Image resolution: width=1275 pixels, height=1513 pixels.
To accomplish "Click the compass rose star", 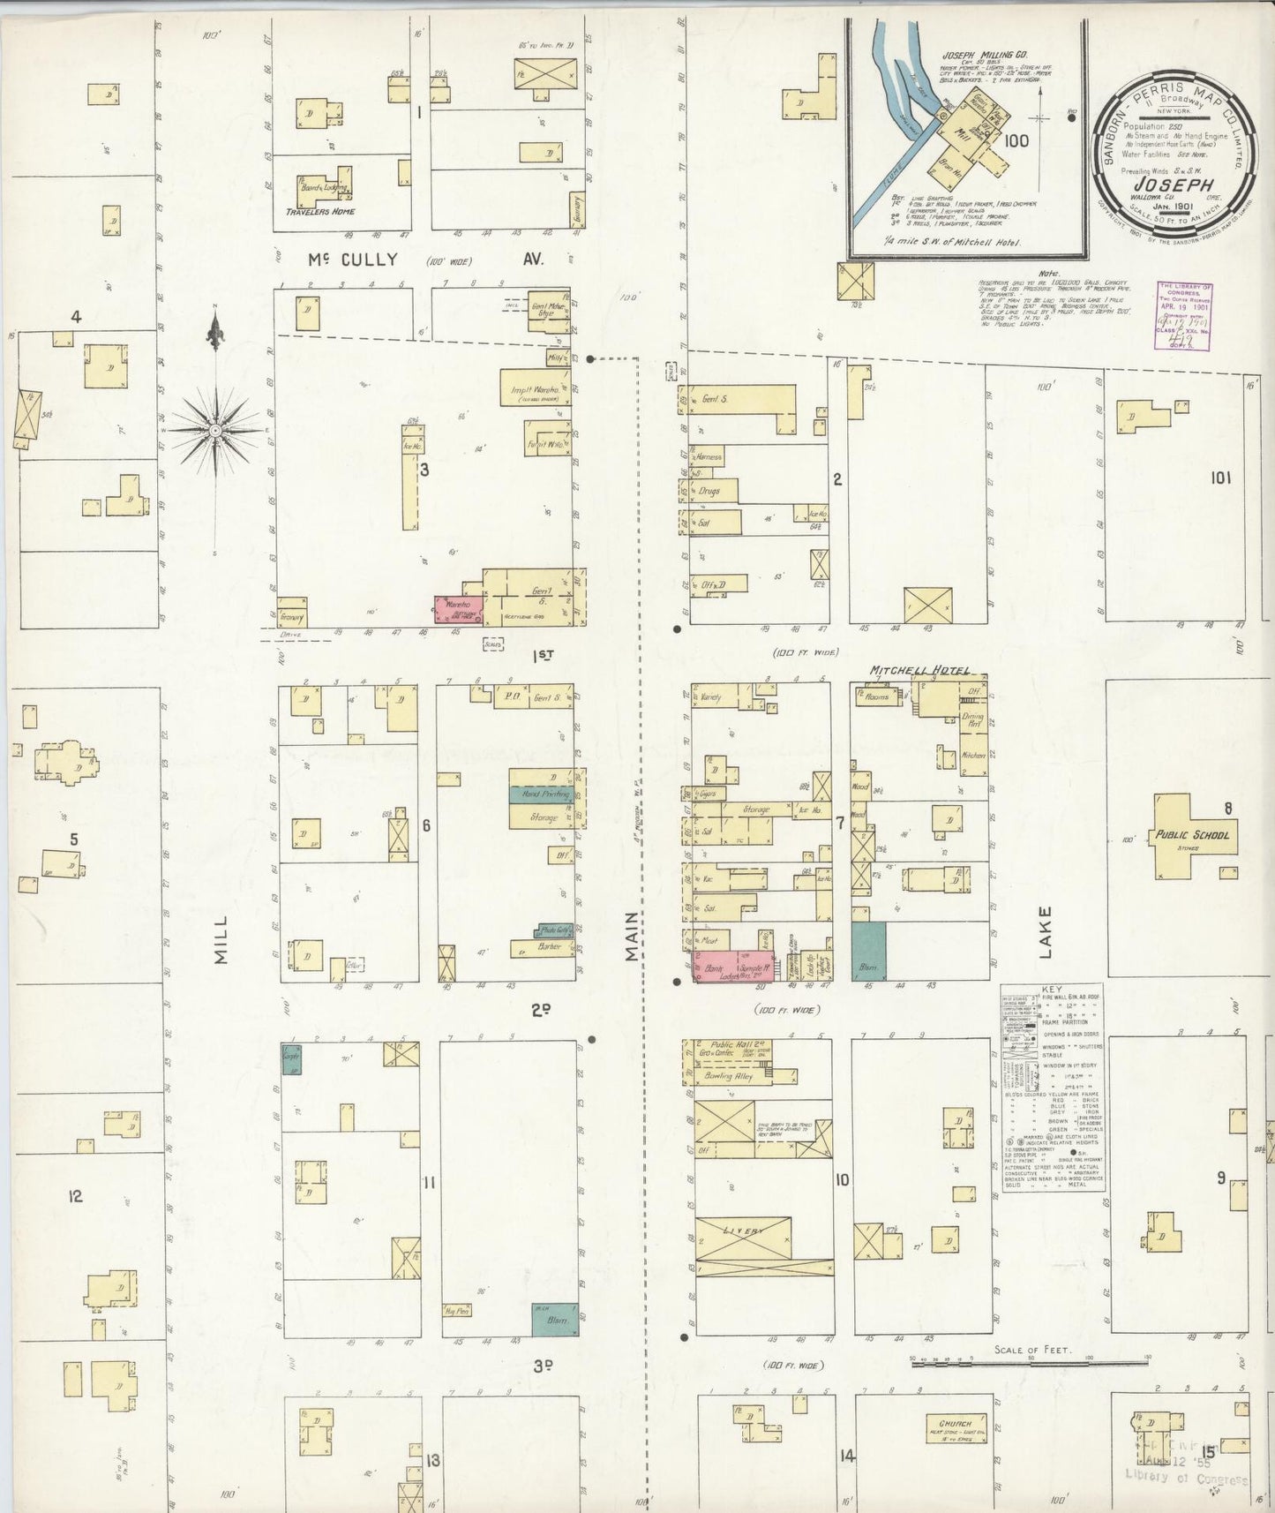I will tap(214, 430).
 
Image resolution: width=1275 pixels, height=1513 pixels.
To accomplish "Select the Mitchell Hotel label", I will tap(919, 671).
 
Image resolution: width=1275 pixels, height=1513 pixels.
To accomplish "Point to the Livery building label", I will tap(741, 1231).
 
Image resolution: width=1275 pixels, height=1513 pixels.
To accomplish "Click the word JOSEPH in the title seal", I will tap(1170, 184).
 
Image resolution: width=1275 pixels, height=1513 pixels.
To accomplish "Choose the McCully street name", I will tap(353, 260).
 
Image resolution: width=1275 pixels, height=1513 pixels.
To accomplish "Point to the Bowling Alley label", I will tap(728, 1077).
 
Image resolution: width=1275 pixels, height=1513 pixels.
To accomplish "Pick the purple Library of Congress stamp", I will tap(1184, 316).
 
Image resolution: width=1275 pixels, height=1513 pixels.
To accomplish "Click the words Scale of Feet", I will tap(1031, 1350).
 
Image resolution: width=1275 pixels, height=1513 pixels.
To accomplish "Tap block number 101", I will tap(1220, 478).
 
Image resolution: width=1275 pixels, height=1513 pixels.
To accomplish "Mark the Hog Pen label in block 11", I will tap(456, 1311).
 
